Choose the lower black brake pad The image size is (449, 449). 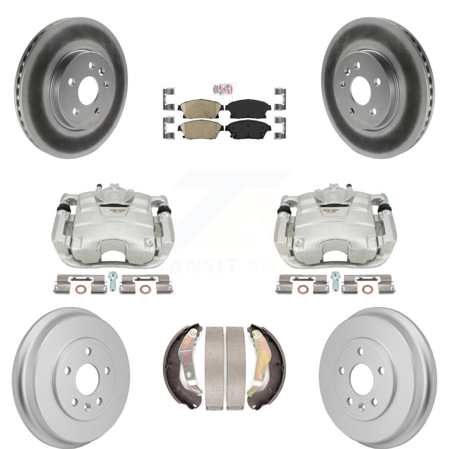click(248, 128)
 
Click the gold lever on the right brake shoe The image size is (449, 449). click(259, 359)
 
